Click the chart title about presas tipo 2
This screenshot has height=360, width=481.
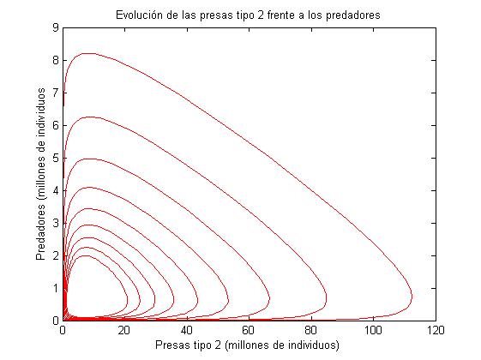click(x=248, y=15)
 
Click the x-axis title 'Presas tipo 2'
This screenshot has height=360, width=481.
click(x=248, y=345)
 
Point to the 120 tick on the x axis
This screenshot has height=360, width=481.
click(x=435, y=329)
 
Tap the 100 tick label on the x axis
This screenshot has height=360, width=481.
click(x=373, y=329)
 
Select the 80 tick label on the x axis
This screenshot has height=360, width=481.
click(x=311, y=329)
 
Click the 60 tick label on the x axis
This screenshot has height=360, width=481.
click(x=249, y=329)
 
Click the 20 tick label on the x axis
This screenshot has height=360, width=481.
click(x=124, y=329)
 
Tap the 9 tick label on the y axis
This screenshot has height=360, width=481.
click(x=55, y=27)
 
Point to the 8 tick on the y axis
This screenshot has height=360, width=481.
click(x=55, y=60)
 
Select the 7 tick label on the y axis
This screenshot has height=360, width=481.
click(x=55, y=93)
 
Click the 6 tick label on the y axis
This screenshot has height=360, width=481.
click(x=55, y=125)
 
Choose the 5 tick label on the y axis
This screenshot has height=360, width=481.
click(x=55, y=158)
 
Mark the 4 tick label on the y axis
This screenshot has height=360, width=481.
click(x=55, y=190)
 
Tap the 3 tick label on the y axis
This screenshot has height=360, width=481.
click(x=55, y=223)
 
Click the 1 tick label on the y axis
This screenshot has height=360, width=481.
click(x=55, y=288)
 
